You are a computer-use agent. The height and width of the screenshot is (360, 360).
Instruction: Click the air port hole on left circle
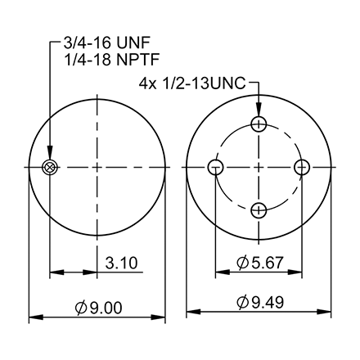[50, 167]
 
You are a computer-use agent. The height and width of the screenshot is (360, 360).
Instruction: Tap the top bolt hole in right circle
[259, 124]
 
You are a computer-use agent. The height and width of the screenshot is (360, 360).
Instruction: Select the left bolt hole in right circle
[216, 167]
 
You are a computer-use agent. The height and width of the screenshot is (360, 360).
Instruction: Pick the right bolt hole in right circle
[303, 167]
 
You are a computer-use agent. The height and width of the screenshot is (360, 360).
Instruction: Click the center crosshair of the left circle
[98, 167]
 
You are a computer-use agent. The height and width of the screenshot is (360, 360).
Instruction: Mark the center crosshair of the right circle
[259, 167]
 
